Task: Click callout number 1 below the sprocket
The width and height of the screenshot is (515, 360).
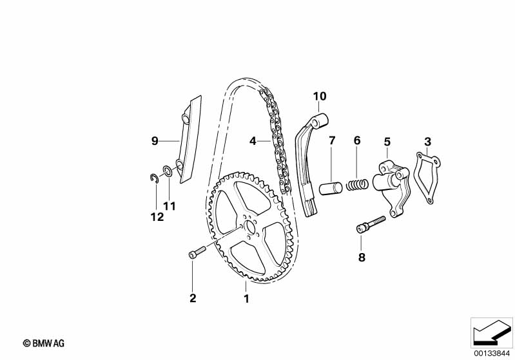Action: (246, 298)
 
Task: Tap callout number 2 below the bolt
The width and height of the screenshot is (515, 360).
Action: (192, 298)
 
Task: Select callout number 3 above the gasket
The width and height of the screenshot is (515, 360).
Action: (427, 141)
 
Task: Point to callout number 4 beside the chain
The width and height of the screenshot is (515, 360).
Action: (253, 140)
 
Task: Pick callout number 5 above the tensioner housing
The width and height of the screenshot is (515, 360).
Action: (387, 141)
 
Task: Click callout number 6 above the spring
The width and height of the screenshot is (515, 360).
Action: (356, 140)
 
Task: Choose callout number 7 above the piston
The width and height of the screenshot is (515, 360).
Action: (332, 140)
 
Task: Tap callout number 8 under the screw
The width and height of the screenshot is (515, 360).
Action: (362, 257)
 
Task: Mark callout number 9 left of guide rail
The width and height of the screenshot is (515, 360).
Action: (155, 140)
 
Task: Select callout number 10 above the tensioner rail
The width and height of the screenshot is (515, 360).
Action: (320, 97)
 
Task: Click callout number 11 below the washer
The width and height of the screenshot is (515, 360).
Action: (169, 206)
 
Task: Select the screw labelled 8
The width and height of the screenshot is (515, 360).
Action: (369, 224)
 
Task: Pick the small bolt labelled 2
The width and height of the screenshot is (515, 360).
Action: (196, 253)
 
